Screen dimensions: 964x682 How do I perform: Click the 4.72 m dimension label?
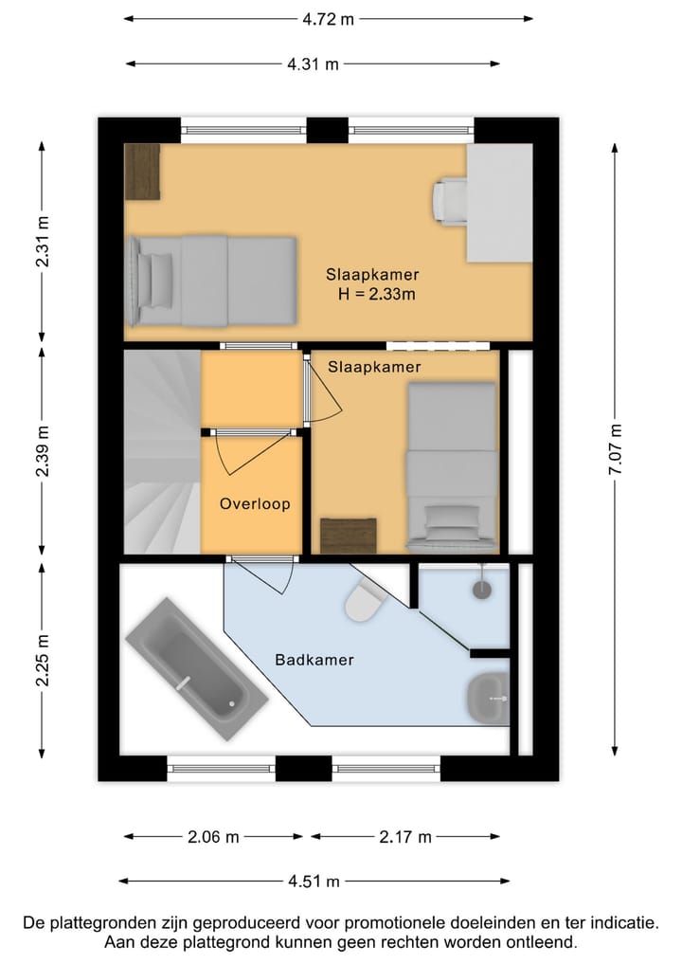tap(327, 19)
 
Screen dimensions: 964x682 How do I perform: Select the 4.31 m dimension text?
tap(313, 64)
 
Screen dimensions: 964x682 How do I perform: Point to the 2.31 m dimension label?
tap(43, 243)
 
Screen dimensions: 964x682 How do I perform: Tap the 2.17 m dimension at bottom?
tap(405, 837)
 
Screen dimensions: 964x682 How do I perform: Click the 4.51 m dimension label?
tap(314, 882)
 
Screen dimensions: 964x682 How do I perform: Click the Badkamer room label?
tap(314, 660)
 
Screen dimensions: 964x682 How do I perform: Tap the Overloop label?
tap(255, 504)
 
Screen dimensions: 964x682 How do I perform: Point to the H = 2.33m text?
tap(377, 295)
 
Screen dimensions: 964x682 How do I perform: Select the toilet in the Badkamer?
tap(363, 600)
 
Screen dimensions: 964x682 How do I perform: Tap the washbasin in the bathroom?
tap(487, 699)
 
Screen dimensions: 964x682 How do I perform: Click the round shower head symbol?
tap(482, 588)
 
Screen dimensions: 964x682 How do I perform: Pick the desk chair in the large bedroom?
tap(449, 203)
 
